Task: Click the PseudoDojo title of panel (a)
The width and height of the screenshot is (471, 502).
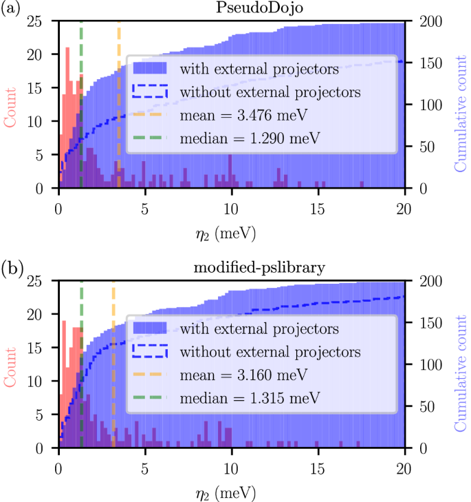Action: (x=232, y=9)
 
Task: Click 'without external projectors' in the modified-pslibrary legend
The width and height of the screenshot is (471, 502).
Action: (x=270, y=352)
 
